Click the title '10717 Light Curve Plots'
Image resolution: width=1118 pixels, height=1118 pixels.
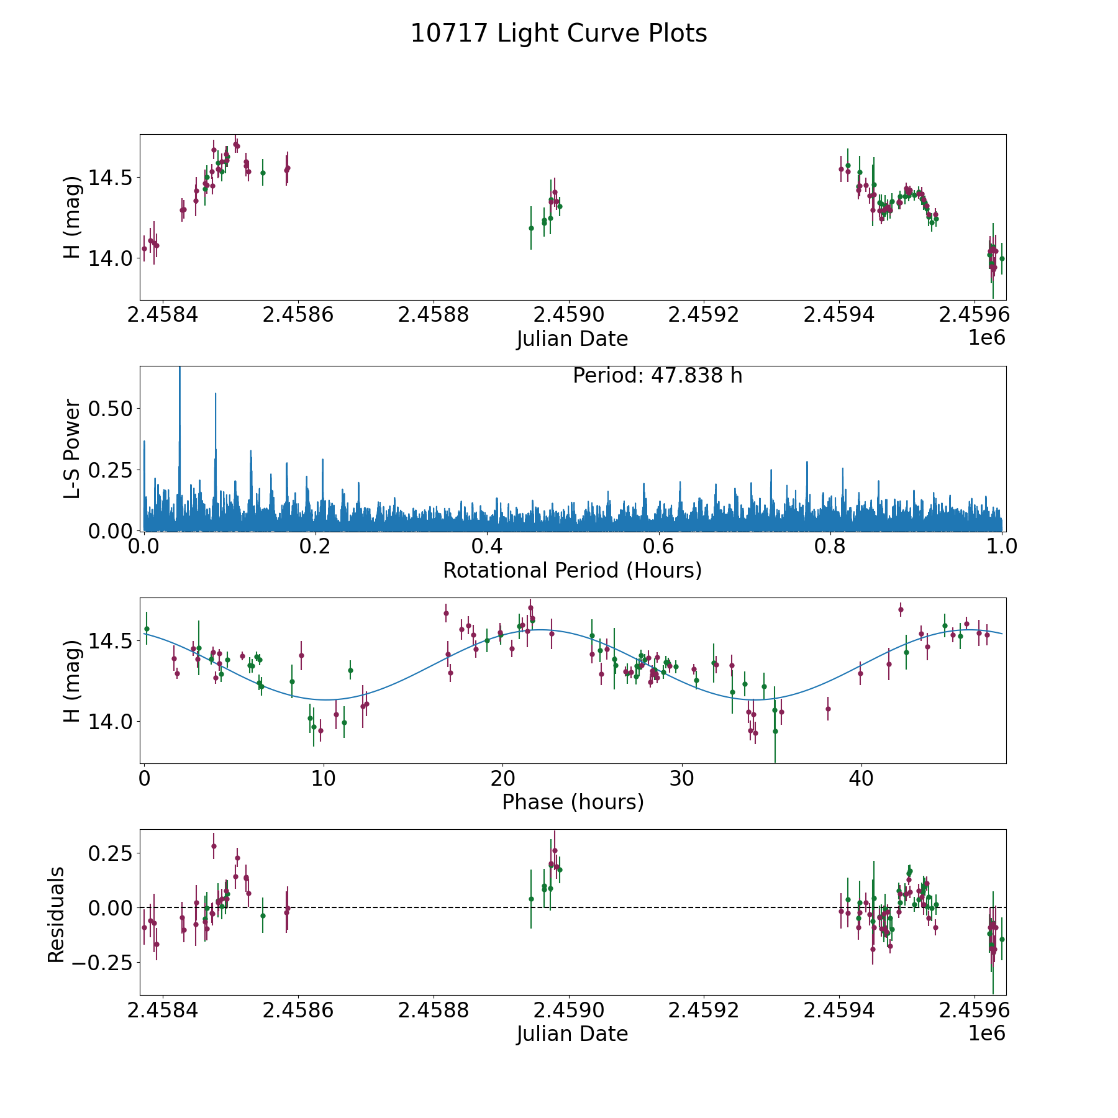[558, 34]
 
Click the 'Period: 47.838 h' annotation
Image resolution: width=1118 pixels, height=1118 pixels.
[657, 376]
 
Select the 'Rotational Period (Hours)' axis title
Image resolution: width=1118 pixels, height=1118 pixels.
[572, 570]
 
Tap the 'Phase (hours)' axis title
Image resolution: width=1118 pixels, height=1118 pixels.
[572, 802]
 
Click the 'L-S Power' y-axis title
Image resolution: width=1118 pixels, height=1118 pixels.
[73, 448]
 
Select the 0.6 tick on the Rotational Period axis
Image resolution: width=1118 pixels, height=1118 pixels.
[658, 547]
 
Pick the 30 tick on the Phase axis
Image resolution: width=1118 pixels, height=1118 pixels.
[682, 779]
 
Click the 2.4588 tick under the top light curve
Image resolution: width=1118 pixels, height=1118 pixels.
[433, 315]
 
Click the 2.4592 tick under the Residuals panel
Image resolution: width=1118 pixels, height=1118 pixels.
[704, 1010]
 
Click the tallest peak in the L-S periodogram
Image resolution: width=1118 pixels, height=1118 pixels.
[180, 370]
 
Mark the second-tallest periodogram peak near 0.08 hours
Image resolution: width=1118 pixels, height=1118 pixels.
[216, 394]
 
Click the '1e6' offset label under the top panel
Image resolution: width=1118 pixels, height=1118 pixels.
[986, 338]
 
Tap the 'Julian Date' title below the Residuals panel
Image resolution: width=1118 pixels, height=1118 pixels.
[572, 1034]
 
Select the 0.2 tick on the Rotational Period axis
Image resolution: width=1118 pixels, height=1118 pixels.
[316, 547]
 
